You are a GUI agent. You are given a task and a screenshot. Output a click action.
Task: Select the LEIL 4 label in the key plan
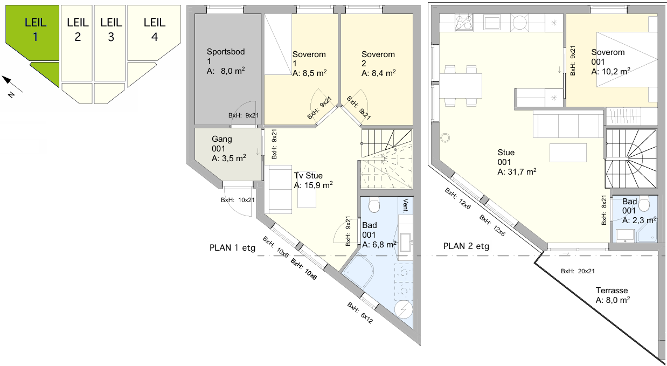coord(155,30)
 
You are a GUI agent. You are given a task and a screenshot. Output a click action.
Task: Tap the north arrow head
coord(6,80)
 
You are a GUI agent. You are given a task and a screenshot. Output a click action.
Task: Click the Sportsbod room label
coord(226,52)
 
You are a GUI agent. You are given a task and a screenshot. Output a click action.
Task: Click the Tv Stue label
coord(308,175)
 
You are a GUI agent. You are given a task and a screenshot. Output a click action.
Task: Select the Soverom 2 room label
coord(378,59)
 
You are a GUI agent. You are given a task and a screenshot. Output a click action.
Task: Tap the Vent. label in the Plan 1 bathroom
coord(406,205)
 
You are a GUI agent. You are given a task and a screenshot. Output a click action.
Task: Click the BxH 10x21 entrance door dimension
coord(238,200)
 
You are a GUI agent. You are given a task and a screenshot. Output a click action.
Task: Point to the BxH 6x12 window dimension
coord(360,313)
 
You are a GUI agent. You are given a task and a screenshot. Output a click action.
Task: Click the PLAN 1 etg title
coord(233,248)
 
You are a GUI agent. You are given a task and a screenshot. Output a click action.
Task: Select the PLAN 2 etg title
coord(466,246)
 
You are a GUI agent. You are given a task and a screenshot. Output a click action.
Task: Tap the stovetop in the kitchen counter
coord(464,23)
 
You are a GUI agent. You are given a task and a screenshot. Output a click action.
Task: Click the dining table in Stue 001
coord(461,86)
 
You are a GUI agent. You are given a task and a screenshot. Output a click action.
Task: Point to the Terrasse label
coord(612,291)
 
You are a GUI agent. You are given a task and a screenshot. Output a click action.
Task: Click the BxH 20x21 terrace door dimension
coord(578,271)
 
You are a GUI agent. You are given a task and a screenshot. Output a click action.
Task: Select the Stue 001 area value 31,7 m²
coord(517,172)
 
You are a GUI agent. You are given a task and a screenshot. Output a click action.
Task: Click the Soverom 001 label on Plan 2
coord(608,57)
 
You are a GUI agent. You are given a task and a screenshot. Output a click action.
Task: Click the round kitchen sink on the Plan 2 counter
coord(519,22)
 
